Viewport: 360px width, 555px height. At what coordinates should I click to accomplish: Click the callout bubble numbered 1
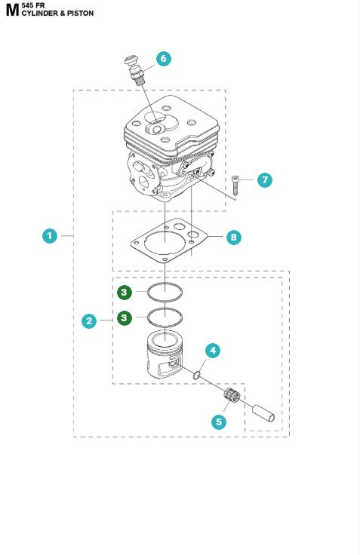click(x=49, y=236)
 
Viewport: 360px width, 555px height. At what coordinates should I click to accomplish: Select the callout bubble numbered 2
click(x=89, y=320)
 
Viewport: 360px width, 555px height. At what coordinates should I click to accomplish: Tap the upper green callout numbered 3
click(x=125, y=291)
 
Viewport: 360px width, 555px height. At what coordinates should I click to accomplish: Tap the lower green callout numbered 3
click(x=125, y=317)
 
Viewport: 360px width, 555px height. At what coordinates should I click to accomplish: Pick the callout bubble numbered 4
click(x=214, y=350)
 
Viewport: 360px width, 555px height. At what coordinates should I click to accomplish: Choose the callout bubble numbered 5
click(x=219, y=422)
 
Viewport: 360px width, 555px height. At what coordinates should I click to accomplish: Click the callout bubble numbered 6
click(x=164, y=58)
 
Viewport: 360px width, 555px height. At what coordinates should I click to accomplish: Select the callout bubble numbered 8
click(x=233, y=237)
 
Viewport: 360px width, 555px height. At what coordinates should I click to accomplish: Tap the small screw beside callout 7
click(x=235, y=183)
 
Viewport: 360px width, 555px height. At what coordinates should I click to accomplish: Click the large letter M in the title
click(x=11, y=11)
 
